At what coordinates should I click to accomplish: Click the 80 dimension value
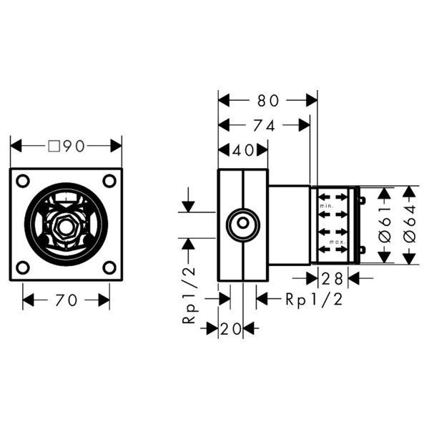(268, 100)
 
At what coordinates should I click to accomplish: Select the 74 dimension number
(264, 126)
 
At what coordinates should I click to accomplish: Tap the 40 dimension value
(242, 150)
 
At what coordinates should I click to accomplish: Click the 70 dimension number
(66, 300)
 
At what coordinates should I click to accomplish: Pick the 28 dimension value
(332, 279)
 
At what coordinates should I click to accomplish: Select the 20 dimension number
(231, 329)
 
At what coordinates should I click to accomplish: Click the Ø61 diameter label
(385, 225)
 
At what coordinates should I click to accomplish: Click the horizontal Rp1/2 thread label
(314, 300)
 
